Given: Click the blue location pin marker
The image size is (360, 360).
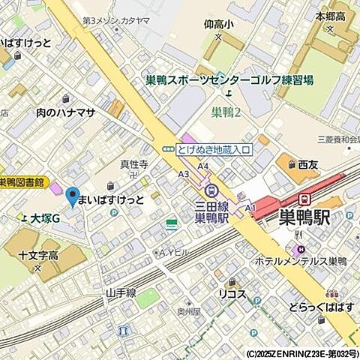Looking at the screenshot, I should [72, 196].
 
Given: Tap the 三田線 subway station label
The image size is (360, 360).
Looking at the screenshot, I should [211, 205].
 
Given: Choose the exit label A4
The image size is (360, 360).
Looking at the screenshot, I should [202, 166].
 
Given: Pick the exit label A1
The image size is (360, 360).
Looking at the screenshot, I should [250, 207].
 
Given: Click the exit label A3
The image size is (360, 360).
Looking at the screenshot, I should [184, 173].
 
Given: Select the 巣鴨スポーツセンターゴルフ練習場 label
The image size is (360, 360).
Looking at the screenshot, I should [229, 80].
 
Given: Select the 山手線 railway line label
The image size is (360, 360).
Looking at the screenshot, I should [120, 292].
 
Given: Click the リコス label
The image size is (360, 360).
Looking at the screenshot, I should [232, 293].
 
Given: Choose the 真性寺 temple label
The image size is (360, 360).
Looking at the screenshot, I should [134, 165].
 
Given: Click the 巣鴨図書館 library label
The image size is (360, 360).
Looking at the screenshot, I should [23, 182].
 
